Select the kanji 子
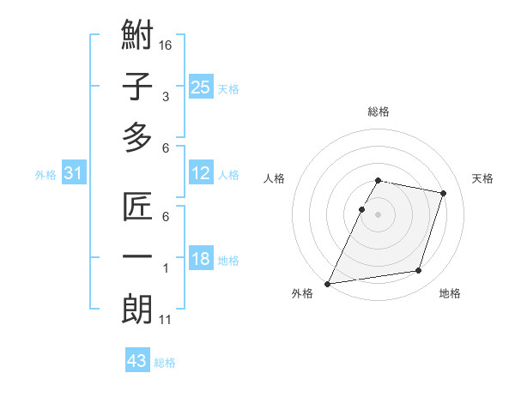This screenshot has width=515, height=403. pos(137,87)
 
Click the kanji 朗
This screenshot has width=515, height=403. pos(137,308)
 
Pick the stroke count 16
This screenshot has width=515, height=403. pos(167,44)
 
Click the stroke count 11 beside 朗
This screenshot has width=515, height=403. pos(167,320)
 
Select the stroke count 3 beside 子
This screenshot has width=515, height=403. pos(165,97)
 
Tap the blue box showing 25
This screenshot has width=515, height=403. pos(201,87)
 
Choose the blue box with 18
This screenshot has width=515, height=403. pos(201,260)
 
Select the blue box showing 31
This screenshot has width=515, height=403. pos(74,174)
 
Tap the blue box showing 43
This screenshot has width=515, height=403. pos(137,361)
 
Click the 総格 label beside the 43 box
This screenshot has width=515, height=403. pos(165,363)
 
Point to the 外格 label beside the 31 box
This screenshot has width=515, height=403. pos(45,175)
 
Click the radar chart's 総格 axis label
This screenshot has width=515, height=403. pos(379,111)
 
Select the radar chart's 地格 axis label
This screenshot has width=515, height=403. pos(450,293)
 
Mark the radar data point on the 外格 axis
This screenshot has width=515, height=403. pos(328,283)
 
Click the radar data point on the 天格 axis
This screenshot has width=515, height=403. pos(443,193)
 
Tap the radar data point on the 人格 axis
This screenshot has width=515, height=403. pos(361,209)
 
